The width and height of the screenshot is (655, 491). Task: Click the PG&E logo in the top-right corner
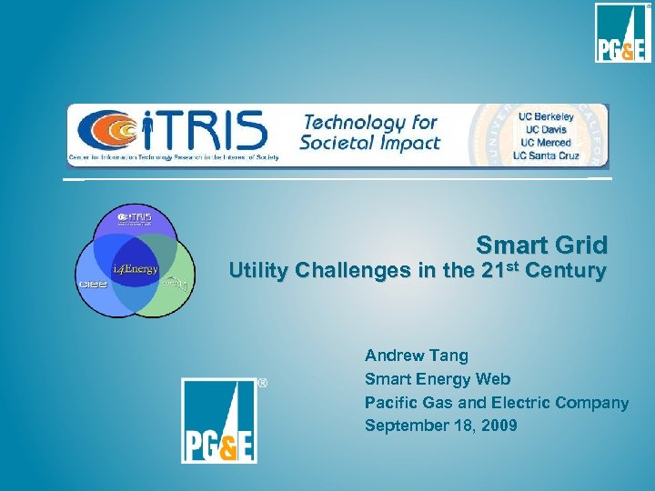click(x=623, y=33)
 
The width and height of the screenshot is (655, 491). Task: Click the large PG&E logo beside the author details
click(x=218, y=420)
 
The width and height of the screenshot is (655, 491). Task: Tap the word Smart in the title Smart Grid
click(x=510, y=245)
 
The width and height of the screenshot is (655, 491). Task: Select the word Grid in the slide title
click(x=579, y=245)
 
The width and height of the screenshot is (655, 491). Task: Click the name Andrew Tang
click(x=416, y=356)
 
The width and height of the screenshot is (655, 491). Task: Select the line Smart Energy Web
click(x=438, y=379)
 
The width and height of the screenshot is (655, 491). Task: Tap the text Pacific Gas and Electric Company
click(x=497, y=403)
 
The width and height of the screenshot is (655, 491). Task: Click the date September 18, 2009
click(x=441, y=426)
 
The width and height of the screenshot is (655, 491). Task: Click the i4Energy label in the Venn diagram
click(x=135, y=269)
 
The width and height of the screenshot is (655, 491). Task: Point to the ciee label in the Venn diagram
click(x=92, y=284)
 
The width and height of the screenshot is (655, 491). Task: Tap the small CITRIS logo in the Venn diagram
click(x=135, y=218)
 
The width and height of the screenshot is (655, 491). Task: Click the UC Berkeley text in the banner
click(x=546, y=117)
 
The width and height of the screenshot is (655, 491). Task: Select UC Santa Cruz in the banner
click(x=546, y=155)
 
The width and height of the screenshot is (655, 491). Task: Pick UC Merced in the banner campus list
click(x=546, y=143)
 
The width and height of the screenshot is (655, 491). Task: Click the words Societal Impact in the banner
click(x=371, y=143)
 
